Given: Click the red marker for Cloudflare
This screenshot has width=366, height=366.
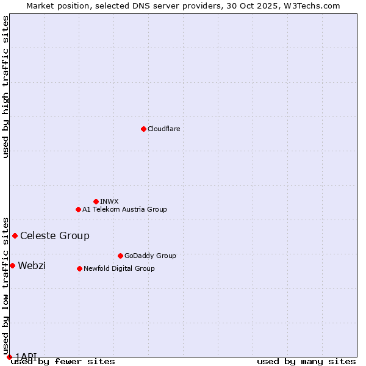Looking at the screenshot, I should (x=143, y=129).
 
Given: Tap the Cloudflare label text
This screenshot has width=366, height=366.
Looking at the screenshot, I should (x=163, y=129).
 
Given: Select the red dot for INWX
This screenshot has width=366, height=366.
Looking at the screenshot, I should (x=96, y=201).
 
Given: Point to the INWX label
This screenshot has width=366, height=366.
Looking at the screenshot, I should (x=109, y=201).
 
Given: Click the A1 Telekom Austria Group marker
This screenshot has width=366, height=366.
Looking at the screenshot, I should (x=78, y=209).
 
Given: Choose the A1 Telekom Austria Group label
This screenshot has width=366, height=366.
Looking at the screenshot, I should (x=124, y=209).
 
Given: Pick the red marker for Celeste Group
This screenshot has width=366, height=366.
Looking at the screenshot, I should (x=15, y=235).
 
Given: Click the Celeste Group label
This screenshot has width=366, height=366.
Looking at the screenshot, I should (x=55, y=235).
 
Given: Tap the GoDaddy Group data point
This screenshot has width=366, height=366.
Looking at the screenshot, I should (x=120, y=256).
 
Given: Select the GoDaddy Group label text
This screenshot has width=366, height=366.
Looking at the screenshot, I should (x=150, y=256).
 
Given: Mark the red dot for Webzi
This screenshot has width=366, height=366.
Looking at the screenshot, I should (x=12, y=265).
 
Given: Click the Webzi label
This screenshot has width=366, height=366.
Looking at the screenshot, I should (x=32, y=265).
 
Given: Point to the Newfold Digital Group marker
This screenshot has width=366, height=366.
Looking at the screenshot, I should (x=79, y=268).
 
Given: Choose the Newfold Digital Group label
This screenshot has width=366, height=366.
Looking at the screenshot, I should (x=119, y=268).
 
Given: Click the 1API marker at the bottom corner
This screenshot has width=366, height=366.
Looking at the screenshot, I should (x=9, y=357).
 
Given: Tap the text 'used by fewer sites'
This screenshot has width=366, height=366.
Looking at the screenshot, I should (x=63, y=362).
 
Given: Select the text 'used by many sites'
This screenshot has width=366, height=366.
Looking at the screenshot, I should (x=306, y=362).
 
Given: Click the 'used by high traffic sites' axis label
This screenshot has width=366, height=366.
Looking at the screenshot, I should (x=5, y=87).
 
